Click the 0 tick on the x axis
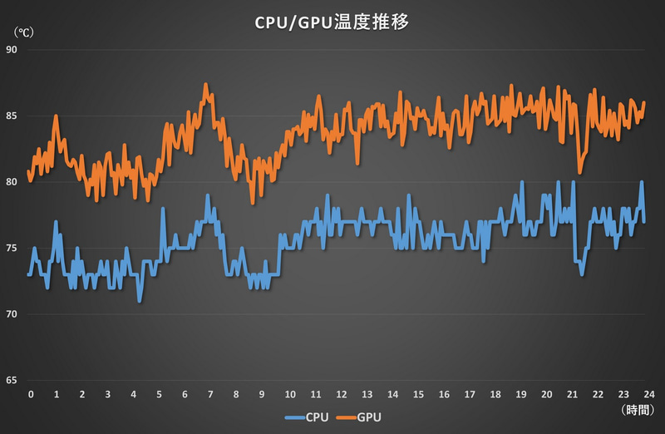(30, 393)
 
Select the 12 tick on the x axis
(341, 393)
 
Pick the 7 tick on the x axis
(211, 393)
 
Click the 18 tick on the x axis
(495, 393)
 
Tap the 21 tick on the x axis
(573, 393)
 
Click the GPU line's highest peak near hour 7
(206, 84)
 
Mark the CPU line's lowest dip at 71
(140, 300)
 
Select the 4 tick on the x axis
(134, 393)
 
